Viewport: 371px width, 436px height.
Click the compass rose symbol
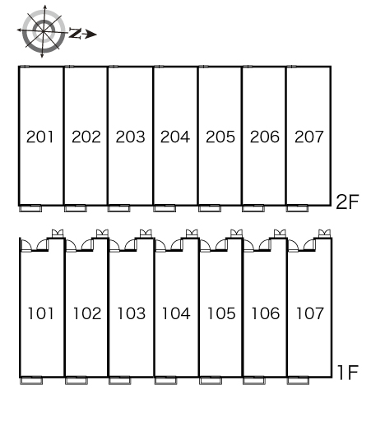[x=43, y=31]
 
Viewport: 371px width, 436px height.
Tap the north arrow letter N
[x=75, y=33]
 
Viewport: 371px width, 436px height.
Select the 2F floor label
[x=347, y=202]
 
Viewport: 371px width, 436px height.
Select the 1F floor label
[x=347, y=373]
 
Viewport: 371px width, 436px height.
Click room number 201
[x=40, y=137]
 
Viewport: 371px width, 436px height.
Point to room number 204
[x=175, y=137]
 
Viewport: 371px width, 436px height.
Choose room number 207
[x=309, y=137]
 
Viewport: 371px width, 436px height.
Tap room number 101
[x=40, y=313]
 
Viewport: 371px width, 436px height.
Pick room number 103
[x=132, y=313]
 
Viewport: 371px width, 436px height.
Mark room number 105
[x=221, y=313]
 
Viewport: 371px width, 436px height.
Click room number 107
[x=310, y=313]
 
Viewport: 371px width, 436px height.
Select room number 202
[x=86, y=137]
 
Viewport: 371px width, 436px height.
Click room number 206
[x=265, y=137]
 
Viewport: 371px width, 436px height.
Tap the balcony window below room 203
[x=119, y=208]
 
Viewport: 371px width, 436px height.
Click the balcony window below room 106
[x=254, y=381]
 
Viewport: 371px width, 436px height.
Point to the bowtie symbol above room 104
[x=192, y=234]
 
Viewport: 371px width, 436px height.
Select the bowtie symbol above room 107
[x=324, y=234]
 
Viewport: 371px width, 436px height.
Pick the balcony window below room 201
[x=30, y=208]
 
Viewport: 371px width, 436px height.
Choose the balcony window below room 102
[x=77, y=381]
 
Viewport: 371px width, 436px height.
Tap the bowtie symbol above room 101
[x=58, y=234]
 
